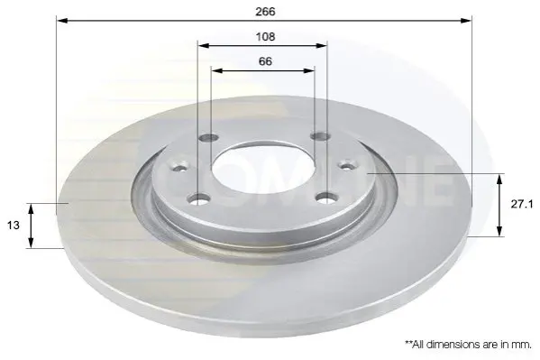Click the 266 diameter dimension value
(x=265, y=12)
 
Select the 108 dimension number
(x=265, y=37)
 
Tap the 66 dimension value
(x=265, y=61)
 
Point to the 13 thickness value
(x=14, y=226)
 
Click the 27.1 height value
(x=522, y=205)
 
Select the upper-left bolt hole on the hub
(x=209, y=137)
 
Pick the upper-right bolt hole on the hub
(x=320, y=136)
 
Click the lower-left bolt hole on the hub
(x=198, y=198)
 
